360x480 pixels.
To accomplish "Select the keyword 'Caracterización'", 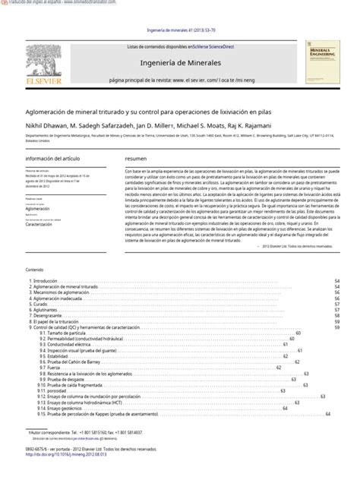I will click(x=44, y=225).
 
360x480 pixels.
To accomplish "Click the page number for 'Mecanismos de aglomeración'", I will click(x=336, y=292).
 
